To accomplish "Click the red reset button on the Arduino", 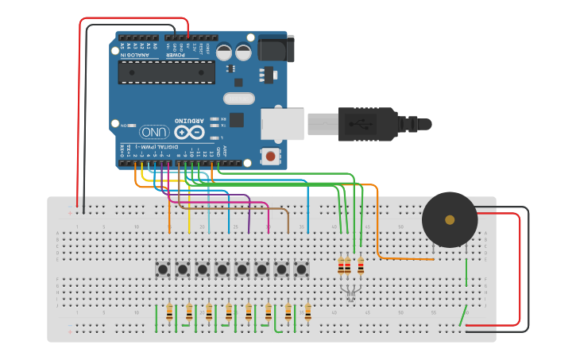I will (271, 156).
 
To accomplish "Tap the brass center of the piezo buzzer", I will (450, 219).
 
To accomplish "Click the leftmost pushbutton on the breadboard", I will (163, 269).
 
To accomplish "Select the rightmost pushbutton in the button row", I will (301, 269).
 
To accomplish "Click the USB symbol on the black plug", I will (366, 124).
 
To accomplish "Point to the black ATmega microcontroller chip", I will (166, 72).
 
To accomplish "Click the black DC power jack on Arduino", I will (275, 48).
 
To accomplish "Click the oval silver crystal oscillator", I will (238, 99).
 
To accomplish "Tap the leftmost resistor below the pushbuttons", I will (169, 312).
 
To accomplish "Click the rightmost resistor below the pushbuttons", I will (307, 312).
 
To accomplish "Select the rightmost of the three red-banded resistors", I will (361, 265).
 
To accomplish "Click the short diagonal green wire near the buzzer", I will (462, 316).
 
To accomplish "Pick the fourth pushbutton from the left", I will (222, 269).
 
